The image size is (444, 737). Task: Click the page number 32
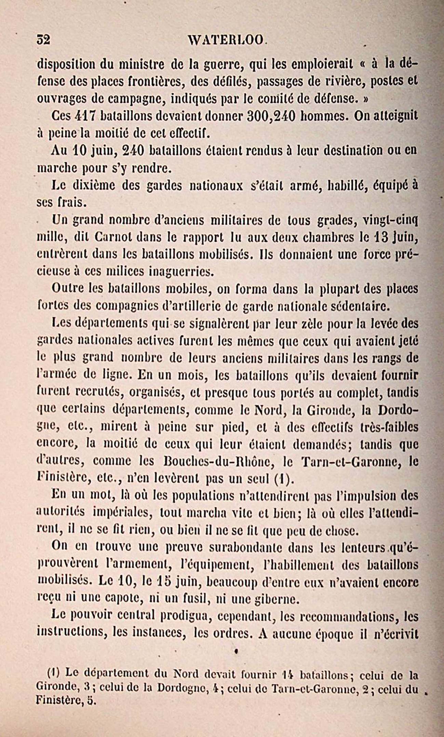43,40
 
